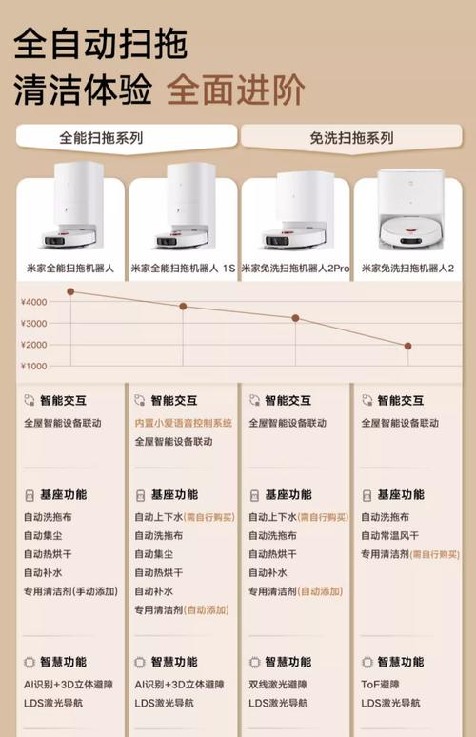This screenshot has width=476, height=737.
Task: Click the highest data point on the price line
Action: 70,291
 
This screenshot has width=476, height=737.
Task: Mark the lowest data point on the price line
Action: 408,346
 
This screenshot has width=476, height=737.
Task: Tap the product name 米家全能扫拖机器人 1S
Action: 182,269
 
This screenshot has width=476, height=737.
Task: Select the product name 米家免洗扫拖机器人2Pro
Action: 295,269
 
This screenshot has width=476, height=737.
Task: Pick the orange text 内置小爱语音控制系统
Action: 183,423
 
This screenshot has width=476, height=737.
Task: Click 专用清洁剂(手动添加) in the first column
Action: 70,591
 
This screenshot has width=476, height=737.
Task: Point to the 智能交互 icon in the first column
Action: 30,401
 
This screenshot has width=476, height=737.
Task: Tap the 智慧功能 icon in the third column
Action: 254,662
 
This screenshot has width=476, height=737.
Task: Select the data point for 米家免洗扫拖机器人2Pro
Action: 295,318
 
